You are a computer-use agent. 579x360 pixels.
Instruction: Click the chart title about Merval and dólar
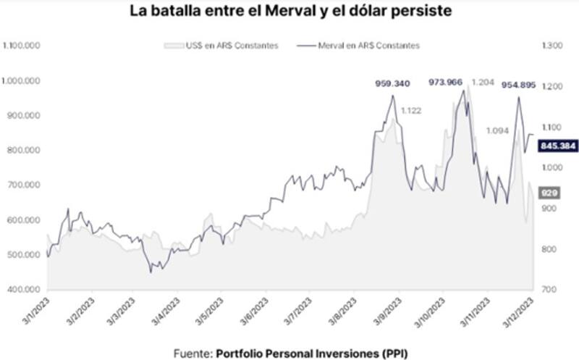(x=289, y=12)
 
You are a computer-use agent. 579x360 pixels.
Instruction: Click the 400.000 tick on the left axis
(x=25, y=290)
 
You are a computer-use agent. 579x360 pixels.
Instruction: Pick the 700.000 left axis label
(x=25, y=185)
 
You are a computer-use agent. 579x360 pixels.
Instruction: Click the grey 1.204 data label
(x=482, y=83)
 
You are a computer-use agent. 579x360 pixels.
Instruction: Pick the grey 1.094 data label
(x=497, y=130)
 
